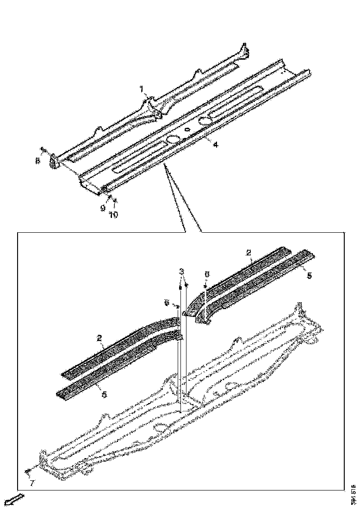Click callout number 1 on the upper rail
142,88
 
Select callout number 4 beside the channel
215,145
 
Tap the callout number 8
38,161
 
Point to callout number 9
103,208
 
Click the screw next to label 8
43,149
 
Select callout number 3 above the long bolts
182,271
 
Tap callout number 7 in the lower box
31,484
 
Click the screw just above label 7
28,471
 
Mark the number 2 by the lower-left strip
99,339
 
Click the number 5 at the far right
309,275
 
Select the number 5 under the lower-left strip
104,395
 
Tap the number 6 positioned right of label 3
207,274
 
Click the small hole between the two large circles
186,130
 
